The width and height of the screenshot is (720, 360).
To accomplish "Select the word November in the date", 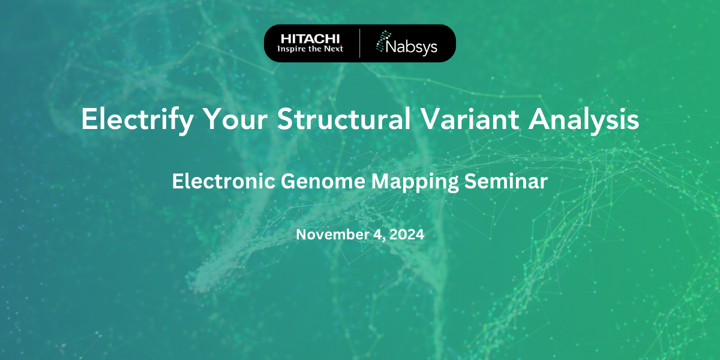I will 331,235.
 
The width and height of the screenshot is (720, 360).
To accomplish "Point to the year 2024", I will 407,235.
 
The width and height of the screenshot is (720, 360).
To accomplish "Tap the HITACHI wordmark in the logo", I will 311,38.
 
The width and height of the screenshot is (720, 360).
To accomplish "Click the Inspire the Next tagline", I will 311,49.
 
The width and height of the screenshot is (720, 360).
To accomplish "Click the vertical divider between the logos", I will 360,43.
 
